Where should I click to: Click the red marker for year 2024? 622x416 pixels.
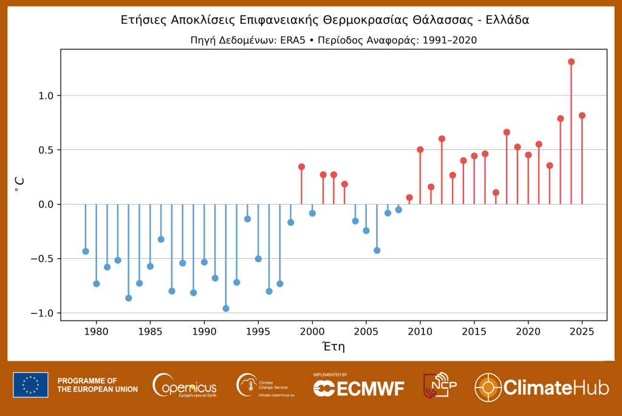[x=571, y=62]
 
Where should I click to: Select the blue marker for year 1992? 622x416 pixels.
[x=226, y=309]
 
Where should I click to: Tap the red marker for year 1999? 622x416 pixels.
[x=301, y=167]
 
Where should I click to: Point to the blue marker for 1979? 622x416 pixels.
[x=86, y=251]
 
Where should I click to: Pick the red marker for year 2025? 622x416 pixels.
[x=582, y=115]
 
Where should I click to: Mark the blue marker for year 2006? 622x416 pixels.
[x=377, y=250]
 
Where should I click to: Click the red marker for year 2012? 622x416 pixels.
[x=442, y=139]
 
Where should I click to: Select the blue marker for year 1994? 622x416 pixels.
[x=247, y=219]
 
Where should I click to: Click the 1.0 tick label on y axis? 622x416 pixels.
[x=46, y=96]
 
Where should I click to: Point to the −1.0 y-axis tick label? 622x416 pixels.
[x=43, y=313]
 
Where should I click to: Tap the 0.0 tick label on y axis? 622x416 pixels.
[x=46, y=205]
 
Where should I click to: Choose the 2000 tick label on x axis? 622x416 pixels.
[x=312, y=332]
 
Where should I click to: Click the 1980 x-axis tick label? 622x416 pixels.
[x=96, y=332]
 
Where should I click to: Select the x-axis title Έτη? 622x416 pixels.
[x=333, y=347]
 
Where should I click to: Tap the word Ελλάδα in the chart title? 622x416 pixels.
[x=507, y=20]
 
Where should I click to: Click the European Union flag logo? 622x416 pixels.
[x=30, y=385]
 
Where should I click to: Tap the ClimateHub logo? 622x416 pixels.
[x=541, y=387]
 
